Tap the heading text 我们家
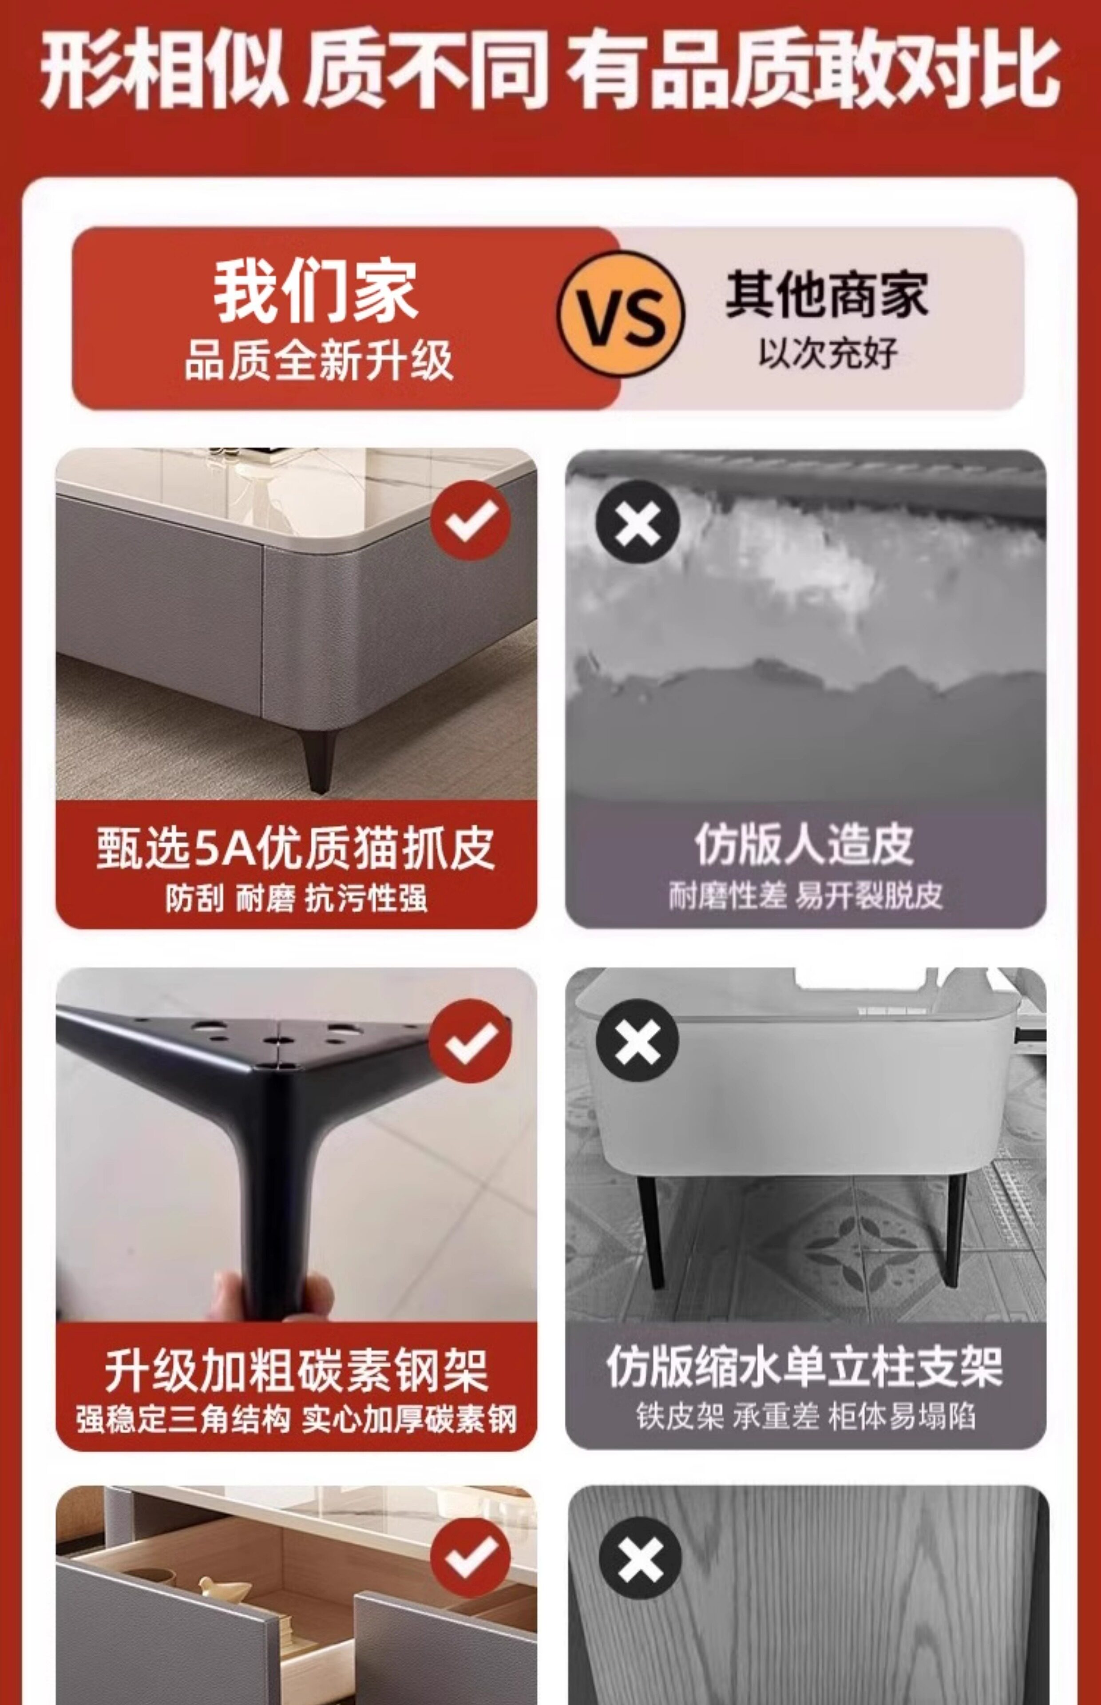click(x=315, y=291)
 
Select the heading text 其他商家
click(x=827, y=294)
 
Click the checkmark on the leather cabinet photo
click(x=471, y=520)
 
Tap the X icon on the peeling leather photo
click(x=637, y=521)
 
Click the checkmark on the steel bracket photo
click(x=471, y=1040)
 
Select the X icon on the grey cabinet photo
click(x=637, y=1040)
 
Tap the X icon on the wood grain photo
click(x=640, y=1559)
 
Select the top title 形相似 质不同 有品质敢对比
click(x=550, y=69)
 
